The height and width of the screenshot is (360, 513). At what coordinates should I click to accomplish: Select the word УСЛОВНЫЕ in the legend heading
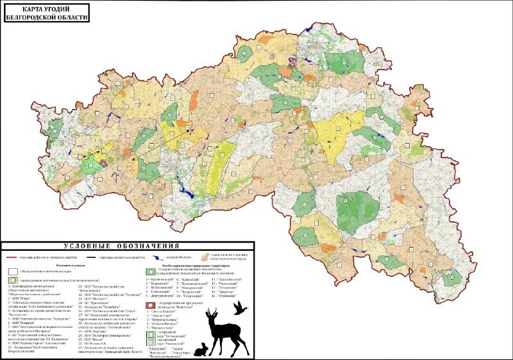pyautogui.click(x=86, y=246)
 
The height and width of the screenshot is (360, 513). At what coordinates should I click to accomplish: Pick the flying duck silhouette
pyautogui.click(x=240, y=308)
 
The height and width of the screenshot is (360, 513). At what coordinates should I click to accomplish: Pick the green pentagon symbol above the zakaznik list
pyautogui.click(x=150, y=271)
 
